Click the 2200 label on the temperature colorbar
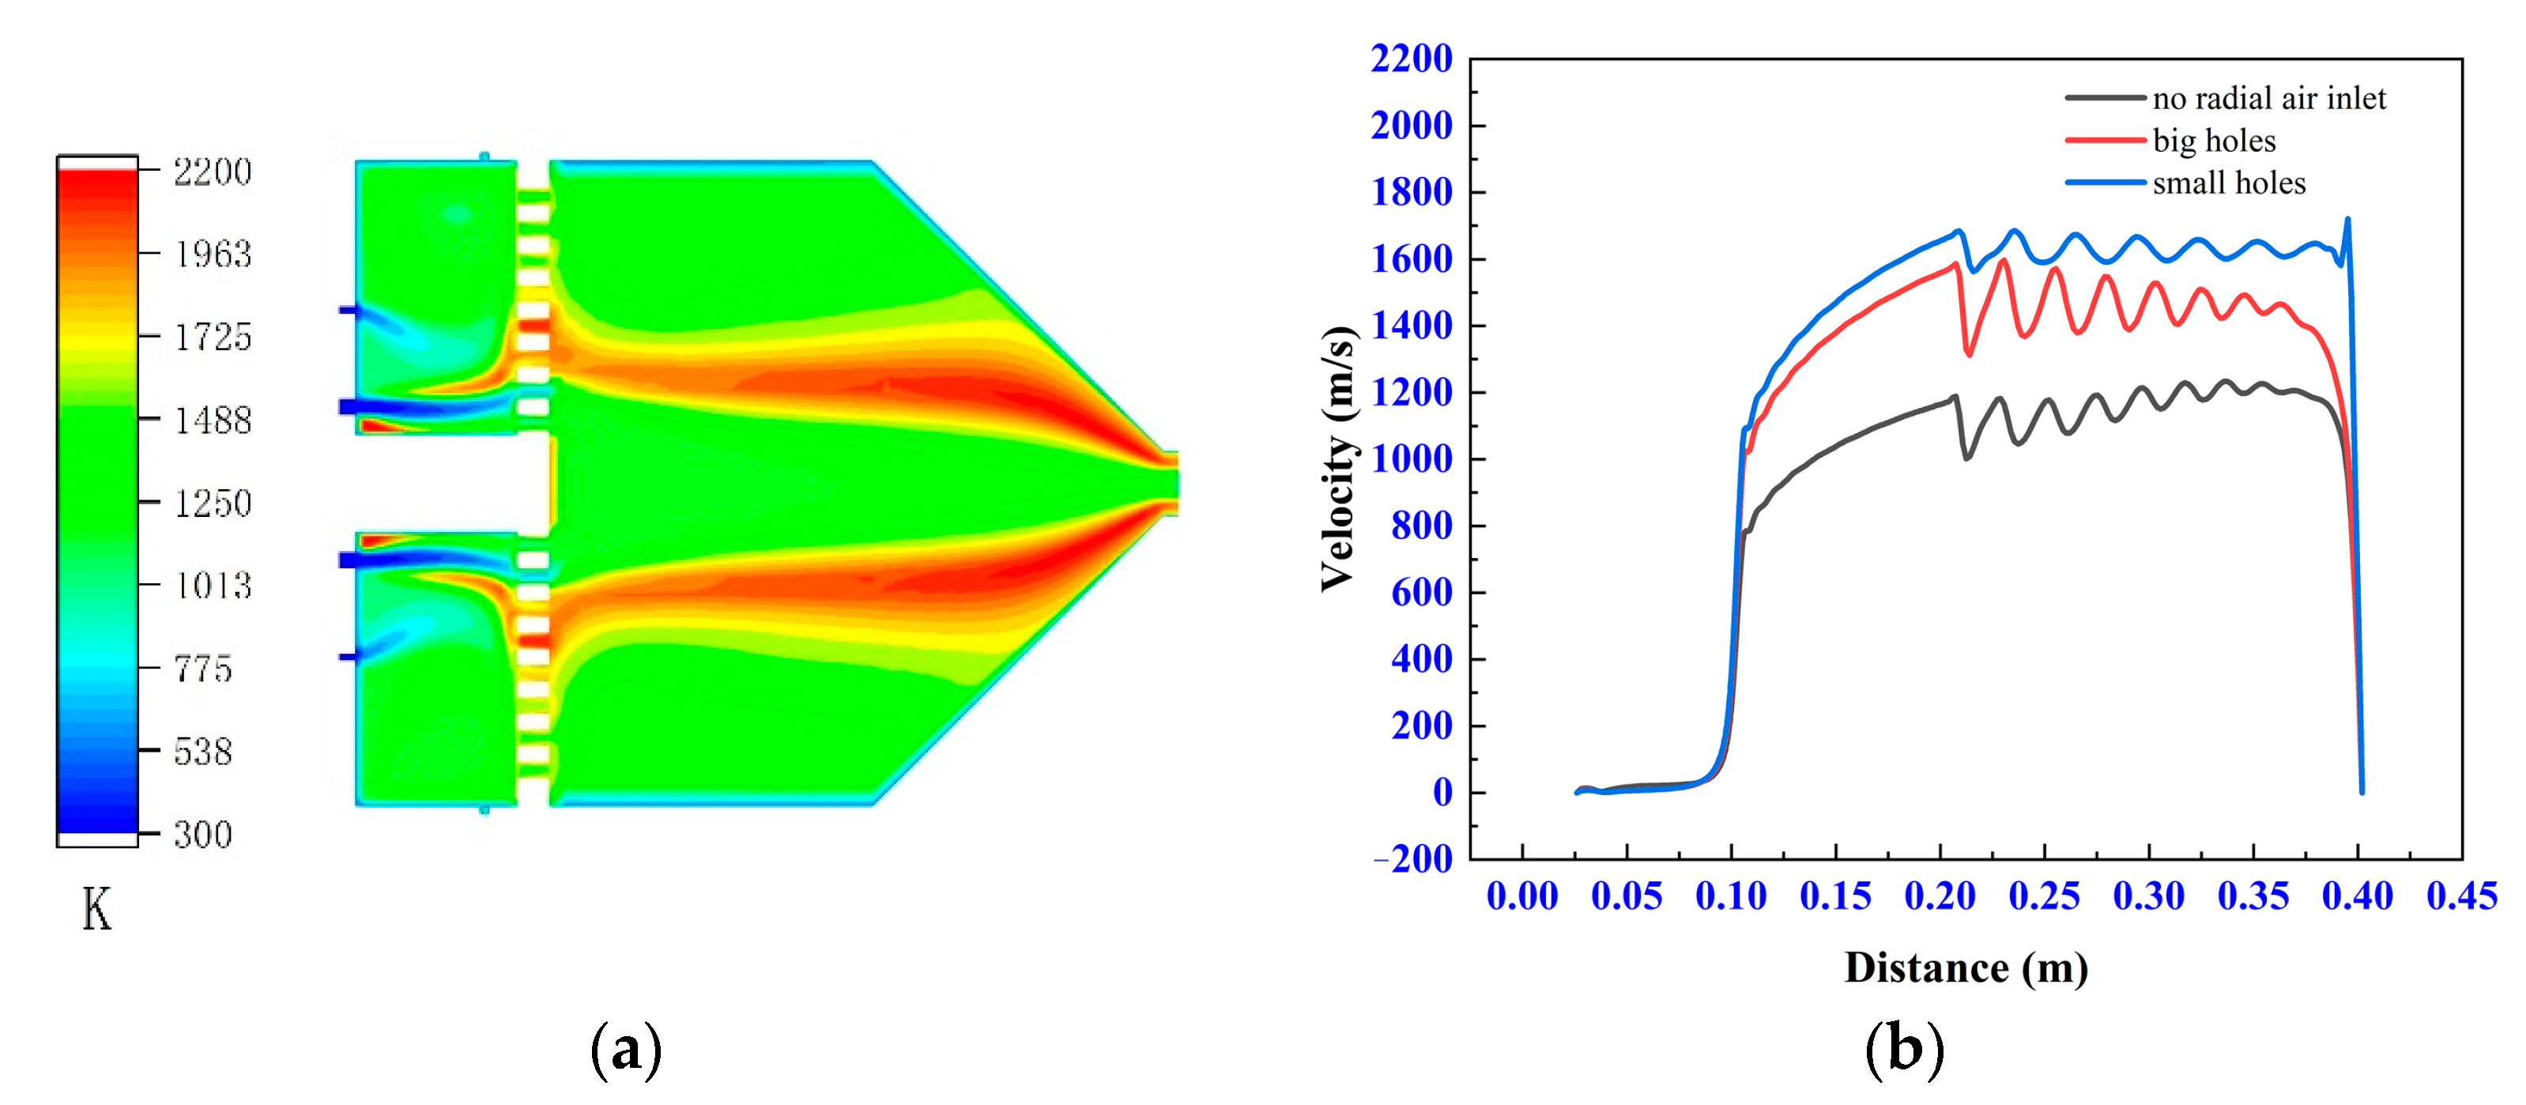[x=212, y=172]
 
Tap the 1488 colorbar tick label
[x=212, y=421]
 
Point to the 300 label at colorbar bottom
[x=203, y=835]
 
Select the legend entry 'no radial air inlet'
[x=2268, y=98]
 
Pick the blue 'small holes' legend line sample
[x=2105, y=183]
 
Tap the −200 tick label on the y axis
[x=1413, y=859]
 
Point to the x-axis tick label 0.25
[x=2044, y=896]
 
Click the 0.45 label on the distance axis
[x=2461, y=896]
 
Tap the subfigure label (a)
[x=626, y=1049]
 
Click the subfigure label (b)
[x=1903, y=1049]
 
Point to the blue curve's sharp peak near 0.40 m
[x=2347, y=220]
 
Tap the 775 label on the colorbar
[x=203, y=669]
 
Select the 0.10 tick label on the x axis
[x=1731, y=896]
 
